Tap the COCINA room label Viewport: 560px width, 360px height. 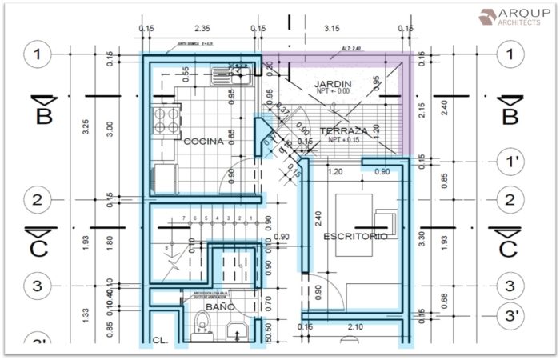(x=204, y=142)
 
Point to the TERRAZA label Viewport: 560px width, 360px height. (x=343, y=130)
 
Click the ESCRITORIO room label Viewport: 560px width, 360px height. (x=355, y=237)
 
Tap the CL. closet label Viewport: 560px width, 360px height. (x=160, y=340)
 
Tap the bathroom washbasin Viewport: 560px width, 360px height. (x=235, y=330)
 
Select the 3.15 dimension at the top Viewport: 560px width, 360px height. (x=331, y=28)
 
